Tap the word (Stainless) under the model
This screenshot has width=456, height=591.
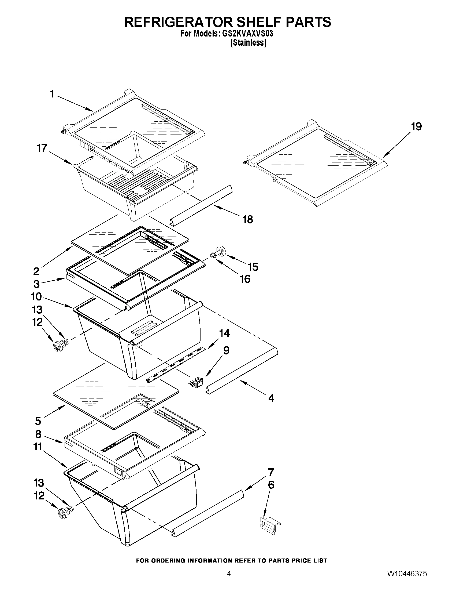[x=248, y=43]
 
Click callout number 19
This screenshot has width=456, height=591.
[x=416, y=126]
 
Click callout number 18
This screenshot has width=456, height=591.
[x=247, y=219]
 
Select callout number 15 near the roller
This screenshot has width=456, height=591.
[x=253, y=267]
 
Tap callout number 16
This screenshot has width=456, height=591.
[x=245, y=279]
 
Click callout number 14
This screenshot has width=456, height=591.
[x=224, y=333]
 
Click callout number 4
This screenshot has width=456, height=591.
[x=271, y=398]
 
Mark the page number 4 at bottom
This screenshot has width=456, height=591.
[x=229, y=579]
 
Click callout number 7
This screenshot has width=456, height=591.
[x=271, y=472]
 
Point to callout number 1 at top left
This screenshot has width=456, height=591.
[x=52, y=94]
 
